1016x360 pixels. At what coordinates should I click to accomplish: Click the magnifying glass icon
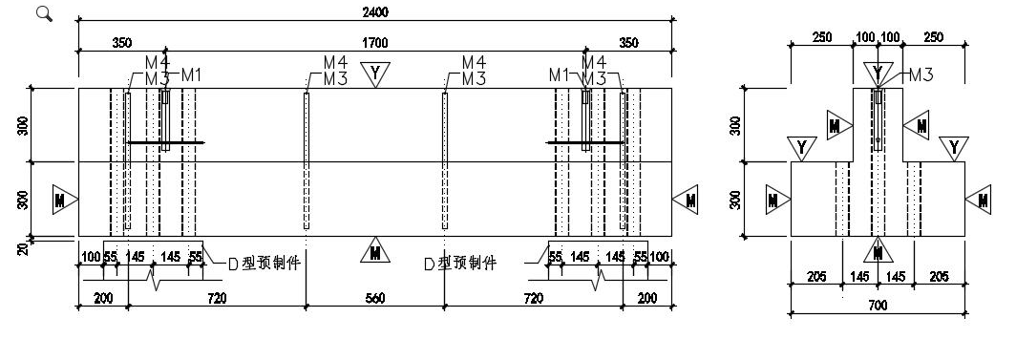point(44,13)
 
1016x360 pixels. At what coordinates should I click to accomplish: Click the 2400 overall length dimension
point(375,12)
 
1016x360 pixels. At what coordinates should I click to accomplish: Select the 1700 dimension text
point(374,43)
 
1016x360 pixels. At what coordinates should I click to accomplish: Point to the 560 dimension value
point(375,298)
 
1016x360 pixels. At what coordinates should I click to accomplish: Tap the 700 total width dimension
point(878,305)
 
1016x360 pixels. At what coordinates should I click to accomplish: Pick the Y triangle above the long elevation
point(374,74)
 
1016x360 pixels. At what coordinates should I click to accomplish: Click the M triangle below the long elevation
point(375,250)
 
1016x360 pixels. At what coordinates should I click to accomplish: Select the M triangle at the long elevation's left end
point(64,200)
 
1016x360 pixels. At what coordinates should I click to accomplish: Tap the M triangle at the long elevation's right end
point(687,200)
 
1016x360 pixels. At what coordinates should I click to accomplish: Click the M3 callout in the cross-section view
point(921,74)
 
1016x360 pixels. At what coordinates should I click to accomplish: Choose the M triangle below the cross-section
point(878,250)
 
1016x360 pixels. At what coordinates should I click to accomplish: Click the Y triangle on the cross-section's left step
point(802,148)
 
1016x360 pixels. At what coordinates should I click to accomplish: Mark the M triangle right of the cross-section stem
point(917,125)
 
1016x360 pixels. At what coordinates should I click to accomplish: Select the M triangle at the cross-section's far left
point(777,200)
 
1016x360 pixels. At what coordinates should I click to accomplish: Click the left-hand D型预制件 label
point(265,264)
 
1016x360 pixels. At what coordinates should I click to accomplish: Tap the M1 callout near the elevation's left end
point(191,75)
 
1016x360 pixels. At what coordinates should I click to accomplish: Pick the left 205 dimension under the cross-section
point(816,277)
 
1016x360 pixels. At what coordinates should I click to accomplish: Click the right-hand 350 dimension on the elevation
point(628,43)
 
